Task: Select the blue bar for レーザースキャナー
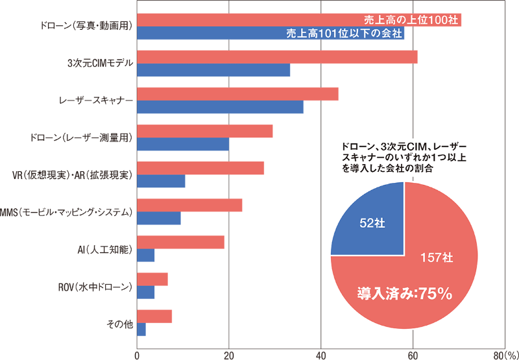click(220, 107)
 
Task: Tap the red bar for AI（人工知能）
click(180, 243)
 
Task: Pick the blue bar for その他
click(141, 330)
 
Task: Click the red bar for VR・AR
click(200, 168)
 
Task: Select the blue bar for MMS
click(159, 218)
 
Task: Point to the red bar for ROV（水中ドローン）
click(152, 280)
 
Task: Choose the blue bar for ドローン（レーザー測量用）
click(183, 144)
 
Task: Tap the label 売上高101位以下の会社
click(344, 33)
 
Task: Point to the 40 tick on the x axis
click(321, 355)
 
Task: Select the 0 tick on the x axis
click(137, 355)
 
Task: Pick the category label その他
click(119, 323)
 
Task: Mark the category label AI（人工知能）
click(104, 248)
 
